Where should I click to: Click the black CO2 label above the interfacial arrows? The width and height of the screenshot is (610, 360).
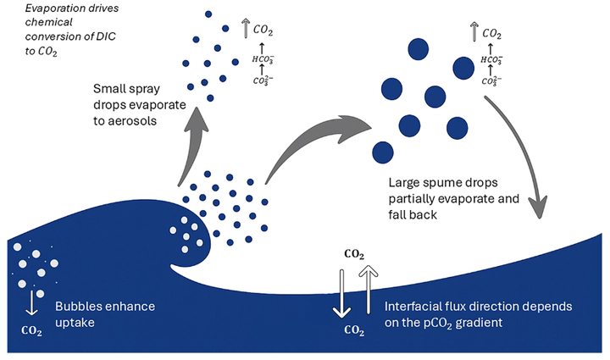pos(355,254)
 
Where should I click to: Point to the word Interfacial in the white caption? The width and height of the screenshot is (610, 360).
pos(420,307)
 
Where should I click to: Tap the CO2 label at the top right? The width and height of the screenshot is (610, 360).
pos(494,34)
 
